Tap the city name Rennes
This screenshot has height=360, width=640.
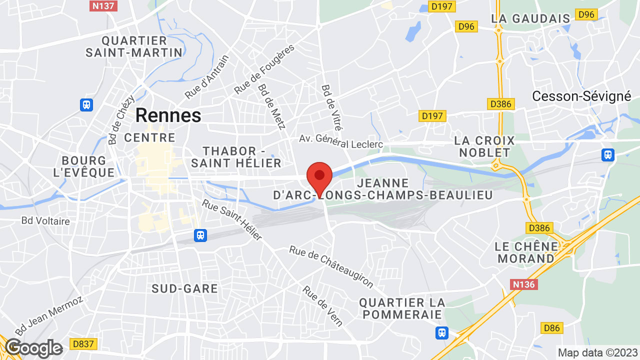pyautogui.click(x=168, y=115)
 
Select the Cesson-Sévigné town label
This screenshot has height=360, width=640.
pyautogui.click(x=581, y=96)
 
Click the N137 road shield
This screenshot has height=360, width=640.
pyautogui.click(x=103, y=6)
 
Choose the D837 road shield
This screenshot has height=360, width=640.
pyautogui.click(x=84, y=344)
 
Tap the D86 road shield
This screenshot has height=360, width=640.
pyautogui.click(x=551, y=328)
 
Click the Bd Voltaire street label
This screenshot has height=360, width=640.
pyautogui.click(x=45, y=220)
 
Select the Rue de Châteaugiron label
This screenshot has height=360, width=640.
pyautogui.click(x=331, y=266)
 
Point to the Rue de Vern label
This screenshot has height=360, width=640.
pyautogui.click(x=322, y=305)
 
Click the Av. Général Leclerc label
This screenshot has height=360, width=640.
pyautogui.click(x=341, y=141)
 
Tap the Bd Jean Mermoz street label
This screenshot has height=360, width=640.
pyautogui.click(x=48, y=316)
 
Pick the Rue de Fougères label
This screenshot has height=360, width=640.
pyautogui.click(x=264, y=69)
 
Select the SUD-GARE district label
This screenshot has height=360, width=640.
pyautogui.click(x=185, y=288)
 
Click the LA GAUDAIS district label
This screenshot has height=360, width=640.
pyautogui.click(x=530, y=18)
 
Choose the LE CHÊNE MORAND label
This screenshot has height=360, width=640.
pyautogui.click(x=526, y=252)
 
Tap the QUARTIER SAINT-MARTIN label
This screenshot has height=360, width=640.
pyautogui.click(x=134, y=46)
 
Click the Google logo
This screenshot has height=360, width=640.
pyautogui.click(x=33, y=348)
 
